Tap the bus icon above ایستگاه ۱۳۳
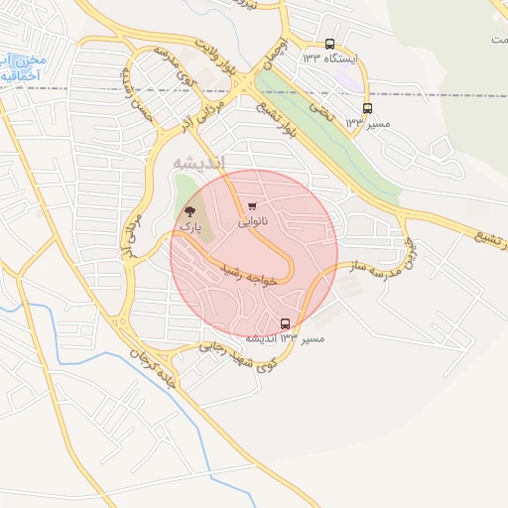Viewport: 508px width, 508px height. (329, 44)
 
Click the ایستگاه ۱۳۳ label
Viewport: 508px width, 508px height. (332, 61)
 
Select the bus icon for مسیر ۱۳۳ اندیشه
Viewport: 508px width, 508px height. (286, 323)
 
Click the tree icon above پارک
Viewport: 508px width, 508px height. (190, 211)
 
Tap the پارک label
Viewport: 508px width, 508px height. (189, 227)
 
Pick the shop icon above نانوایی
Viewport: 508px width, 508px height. (252, 206)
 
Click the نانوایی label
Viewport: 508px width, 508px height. (253, 222)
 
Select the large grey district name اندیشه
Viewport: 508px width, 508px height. (198, 162)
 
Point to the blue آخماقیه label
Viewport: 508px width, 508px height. (21, 74)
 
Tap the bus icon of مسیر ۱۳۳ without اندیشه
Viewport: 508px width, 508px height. (367, 108)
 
